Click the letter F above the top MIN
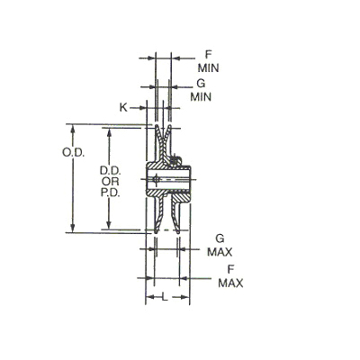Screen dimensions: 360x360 [x=208, y=55]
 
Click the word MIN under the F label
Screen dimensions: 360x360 [x=208, y=68]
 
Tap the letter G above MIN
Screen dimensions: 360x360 [x=201, y=84]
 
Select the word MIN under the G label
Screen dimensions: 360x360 [x=201, y=96]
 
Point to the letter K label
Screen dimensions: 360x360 [x=123, y=107]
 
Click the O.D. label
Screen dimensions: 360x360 [x=73, y=153]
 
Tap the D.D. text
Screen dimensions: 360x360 [x=111, y=171]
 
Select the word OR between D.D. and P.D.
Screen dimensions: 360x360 [x=111, y=182]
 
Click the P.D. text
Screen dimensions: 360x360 [x=111, y=193]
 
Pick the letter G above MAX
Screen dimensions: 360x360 [x=220, y=238]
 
